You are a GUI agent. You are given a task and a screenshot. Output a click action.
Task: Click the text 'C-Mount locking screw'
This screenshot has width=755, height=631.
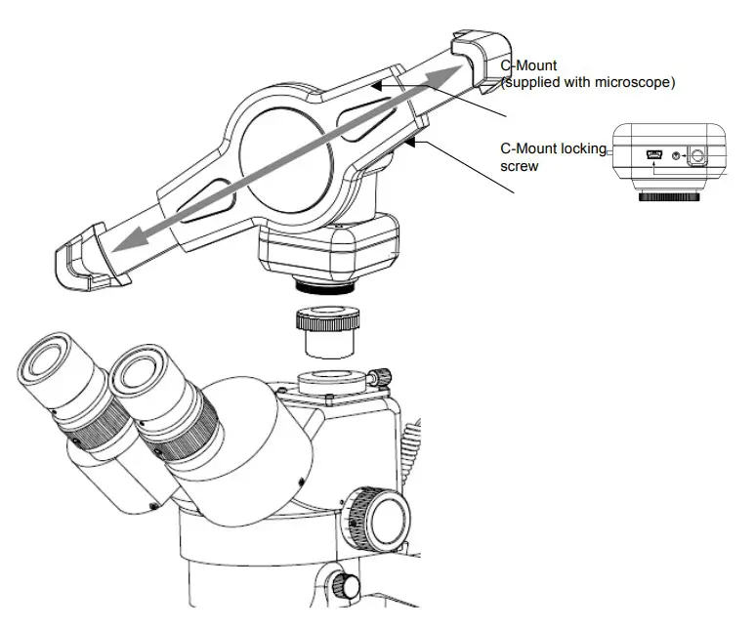tap(552, 157)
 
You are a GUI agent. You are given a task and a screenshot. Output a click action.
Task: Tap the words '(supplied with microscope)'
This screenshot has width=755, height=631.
tap(587, 83)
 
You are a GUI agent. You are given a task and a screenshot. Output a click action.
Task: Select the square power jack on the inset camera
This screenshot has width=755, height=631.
tap(695, 154)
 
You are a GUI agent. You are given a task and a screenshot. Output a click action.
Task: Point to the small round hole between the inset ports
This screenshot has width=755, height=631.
tap(676, 154)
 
